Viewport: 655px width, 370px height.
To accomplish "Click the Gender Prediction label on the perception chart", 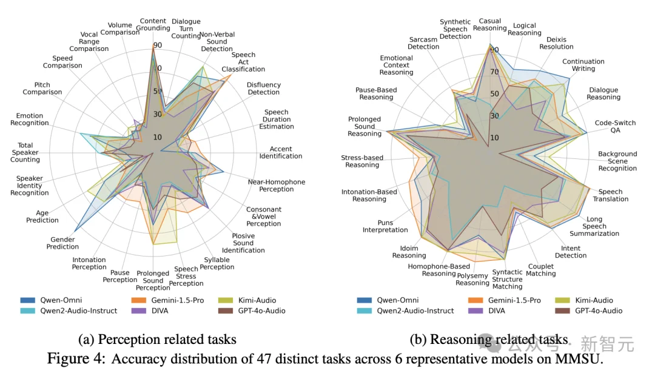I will pos(62,243).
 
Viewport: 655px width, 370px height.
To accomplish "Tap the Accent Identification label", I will pos(281,152).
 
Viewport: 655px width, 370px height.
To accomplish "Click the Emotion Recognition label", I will pos(29,119).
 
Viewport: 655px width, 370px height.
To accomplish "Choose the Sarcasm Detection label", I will pos(423,42).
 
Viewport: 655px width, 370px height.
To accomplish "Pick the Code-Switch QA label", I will pos(615,126).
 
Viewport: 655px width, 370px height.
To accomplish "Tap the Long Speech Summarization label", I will pos(594,226).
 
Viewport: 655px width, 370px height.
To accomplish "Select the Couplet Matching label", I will pos(542,270).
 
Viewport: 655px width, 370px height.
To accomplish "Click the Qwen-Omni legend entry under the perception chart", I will pos(60,300).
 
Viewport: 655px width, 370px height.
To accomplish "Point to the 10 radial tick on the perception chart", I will pos(157,137).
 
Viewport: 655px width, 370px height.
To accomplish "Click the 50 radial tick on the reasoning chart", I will pos(495,94).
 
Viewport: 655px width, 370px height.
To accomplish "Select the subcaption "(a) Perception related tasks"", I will pos(158,340).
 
